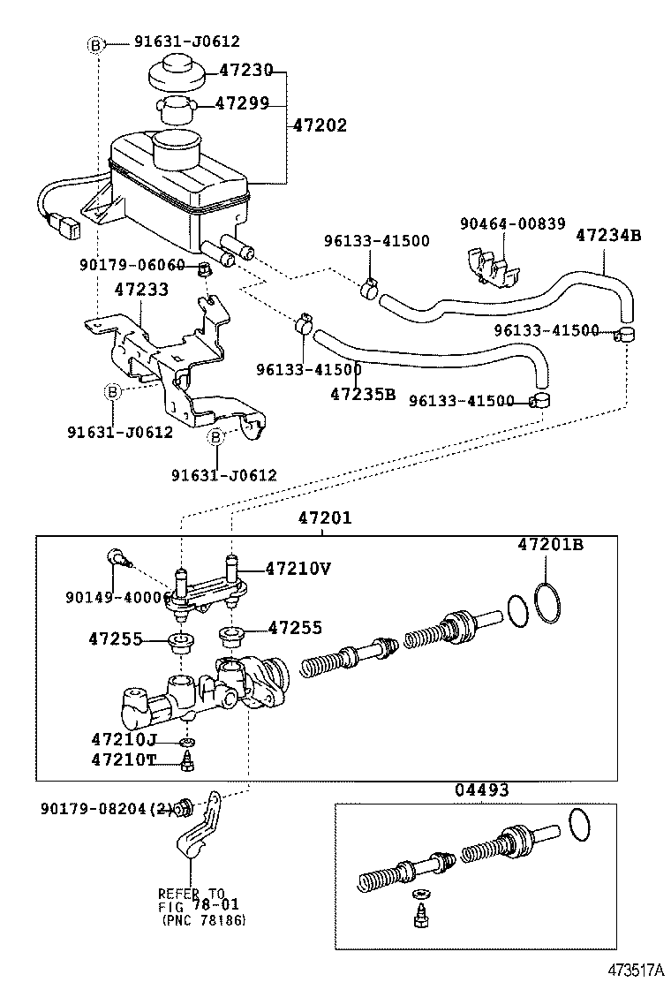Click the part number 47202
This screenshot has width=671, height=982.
coord(320,126)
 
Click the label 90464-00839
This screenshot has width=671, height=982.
coord(512,224)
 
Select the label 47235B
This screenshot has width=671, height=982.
coord(363,394)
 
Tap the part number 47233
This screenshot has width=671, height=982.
coord(143,289)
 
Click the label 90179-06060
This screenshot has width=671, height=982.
coord(132,265)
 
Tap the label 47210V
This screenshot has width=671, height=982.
coord(298,569)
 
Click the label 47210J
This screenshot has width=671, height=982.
coord(124,738)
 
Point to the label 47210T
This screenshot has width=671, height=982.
coord(124,759)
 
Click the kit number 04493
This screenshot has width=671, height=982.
coord(481,790)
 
